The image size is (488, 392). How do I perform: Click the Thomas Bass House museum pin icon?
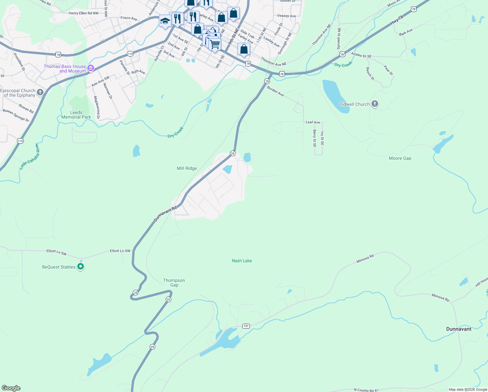pos(91,69)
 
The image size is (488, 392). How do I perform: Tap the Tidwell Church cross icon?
pos(375,104)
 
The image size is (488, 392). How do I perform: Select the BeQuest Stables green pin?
pos(81,267)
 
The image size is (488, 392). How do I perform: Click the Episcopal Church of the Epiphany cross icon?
pos(40,92)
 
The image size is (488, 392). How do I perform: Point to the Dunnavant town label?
pos(459,329)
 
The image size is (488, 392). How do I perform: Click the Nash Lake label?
pos(242,261)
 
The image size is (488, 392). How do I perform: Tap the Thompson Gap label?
pos(174,283)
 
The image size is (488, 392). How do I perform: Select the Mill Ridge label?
pos(187,168)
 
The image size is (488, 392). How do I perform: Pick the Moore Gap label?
pos(400,158)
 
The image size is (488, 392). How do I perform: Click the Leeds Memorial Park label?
pos(76,115)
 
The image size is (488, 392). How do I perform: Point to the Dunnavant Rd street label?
pos(165,214)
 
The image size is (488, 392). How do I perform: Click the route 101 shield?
pos(246,326)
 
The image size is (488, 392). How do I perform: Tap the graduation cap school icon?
pos(165,21)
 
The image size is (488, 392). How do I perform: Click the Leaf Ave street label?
pos(313,122)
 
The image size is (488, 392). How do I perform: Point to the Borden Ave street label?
pos(275,91)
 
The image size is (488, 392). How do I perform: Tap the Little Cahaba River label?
pos(29,156)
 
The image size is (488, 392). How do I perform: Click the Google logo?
pos(11,388)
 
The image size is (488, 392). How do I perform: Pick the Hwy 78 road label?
pos(397,20)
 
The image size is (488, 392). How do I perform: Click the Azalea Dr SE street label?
pos(361,55)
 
